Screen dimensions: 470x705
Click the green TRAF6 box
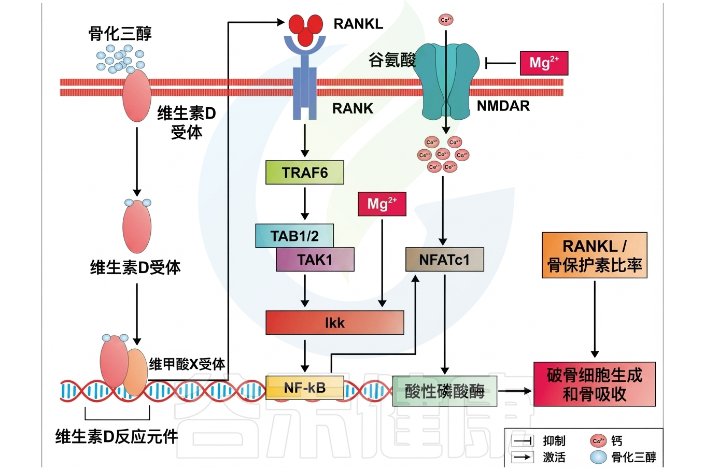click(305, 173)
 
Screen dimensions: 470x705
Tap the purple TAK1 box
click(315, 259)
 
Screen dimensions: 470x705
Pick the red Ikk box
click(335, 322)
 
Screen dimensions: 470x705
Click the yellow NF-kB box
click(305, 387)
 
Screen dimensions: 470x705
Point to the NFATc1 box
click(444, 260)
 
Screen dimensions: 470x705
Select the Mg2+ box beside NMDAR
click(544, 63)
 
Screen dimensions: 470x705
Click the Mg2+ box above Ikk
click(382, 204)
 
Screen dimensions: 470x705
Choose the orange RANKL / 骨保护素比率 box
click(595, 255)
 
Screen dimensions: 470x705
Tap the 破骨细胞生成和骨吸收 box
click(595, 384)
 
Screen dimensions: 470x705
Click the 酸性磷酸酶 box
click(444, 391)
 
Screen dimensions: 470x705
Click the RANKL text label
click(358, 24)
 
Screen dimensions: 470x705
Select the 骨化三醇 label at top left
click(120, 34)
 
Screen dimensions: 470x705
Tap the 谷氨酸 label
click(392, 60)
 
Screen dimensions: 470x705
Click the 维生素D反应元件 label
click(117, 436)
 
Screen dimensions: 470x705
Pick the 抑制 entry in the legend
click(554, 441)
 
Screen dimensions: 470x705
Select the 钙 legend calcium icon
click(598, 441)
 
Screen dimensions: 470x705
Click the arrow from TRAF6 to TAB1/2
click(305, 203)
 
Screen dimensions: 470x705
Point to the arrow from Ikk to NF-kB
click(305, 355)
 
